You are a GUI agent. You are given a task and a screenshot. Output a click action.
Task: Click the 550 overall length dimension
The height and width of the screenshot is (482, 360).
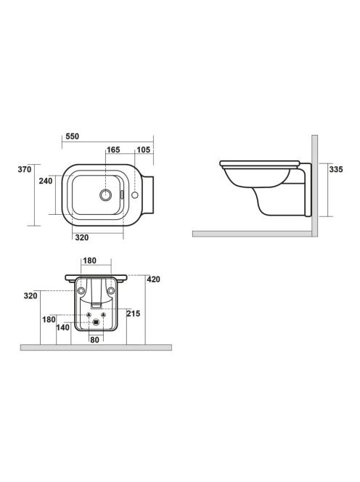coord(73,136)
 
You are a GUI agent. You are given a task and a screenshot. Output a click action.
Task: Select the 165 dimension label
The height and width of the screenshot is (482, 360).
coord(113,150)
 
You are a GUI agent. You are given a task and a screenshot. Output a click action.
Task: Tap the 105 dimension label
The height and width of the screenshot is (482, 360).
coord(143,150)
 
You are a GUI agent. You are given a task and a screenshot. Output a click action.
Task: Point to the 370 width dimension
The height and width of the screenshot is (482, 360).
coord(25,169)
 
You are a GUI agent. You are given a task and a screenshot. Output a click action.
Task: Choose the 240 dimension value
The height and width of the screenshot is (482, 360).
coord(46,181)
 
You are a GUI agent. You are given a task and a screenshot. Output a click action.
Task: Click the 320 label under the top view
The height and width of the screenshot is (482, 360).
coord(82,237)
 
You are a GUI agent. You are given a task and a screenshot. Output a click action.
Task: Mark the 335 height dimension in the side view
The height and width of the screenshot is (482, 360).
coord(336,169)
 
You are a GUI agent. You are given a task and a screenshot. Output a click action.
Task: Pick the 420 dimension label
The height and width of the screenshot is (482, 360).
coord(153,279)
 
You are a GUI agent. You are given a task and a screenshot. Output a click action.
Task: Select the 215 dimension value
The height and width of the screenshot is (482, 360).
coord(134,314)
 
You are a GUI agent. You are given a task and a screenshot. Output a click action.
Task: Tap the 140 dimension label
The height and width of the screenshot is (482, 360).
coord(62,327)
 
